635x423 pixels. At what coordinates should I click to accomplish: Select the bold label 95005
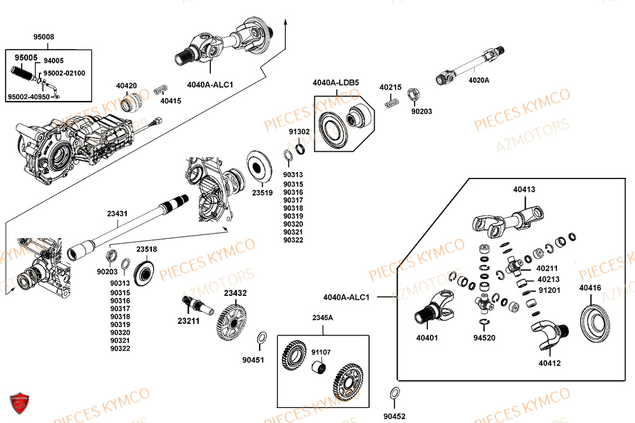(x=26, y=58)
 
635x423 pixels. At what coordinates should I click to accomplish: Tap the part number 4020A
(x=479, y=80)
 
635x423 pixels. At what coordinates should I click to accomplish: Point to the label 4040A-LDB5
(x=335, y=83)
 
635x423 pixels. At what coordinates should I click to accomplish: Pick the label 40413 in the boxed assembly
(x=525, y=189)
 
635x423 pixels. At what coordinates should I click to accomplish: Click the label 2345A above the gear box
(x=322, y=317)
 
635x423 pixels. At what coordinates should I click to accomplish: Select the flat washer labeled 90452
(x=394, y=392)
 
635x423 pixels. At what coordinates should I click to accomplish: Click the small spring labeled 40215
(x=390, y=102)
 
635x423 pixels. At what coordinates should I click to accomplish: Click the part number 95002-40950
(x=29, y=97)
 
